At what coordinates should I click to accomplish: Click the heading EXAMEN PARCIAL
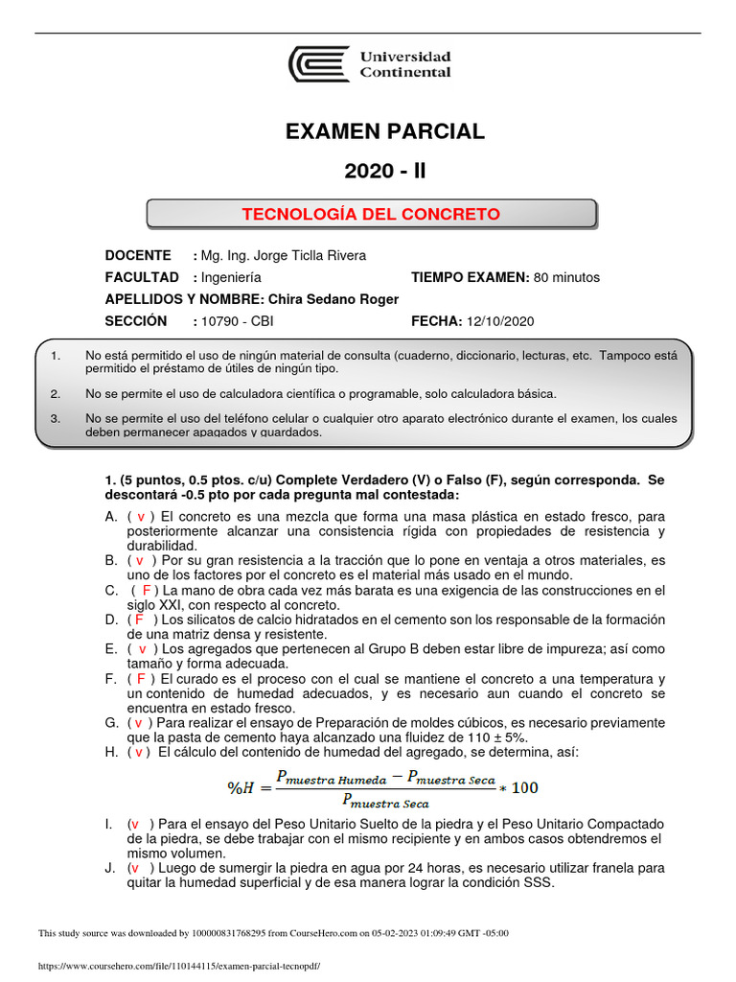pyautogui.click(x=385, y=132)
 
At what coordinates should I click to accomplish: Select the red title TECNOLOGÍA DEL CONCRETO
pyautogui.click(x=371, y=214)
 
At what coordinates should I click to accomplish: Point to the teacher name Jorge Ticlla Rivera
pyautogui.click(x=309, y=255)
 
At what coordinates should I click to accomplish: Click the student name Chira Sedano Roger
pyautogui.click(x=333, y=299)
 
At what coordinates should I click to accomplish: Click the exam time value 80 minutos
pyautogui.click(x=566, y=277)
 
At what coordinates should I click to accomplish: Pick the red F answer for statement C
pyautogui.click(x=147, y=590)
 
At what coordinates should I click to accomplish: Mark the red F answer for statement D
pyautogui.click(x=139, y=620)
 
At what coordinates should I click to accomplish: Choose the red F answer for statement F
pyautogui.click(x=139, y=678)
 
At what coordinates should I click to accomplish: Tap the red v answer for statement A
pyautogui.click(x=140, y=516)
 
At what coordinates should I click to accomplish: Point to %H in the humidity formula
pyautogui.click(x=241, y=788)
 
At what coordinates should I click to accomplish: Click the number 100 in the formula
pyautogui.click(x=524, y=788)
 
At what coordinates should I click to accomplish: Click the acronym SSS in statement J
pyautogui.click(x=538, y=882)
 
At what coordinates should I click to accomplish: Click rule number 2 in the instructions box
pyautogui.click(x=56, y=394)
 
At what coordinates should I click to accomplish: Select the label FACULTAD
pyautogui.click(x=142, y=277)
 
